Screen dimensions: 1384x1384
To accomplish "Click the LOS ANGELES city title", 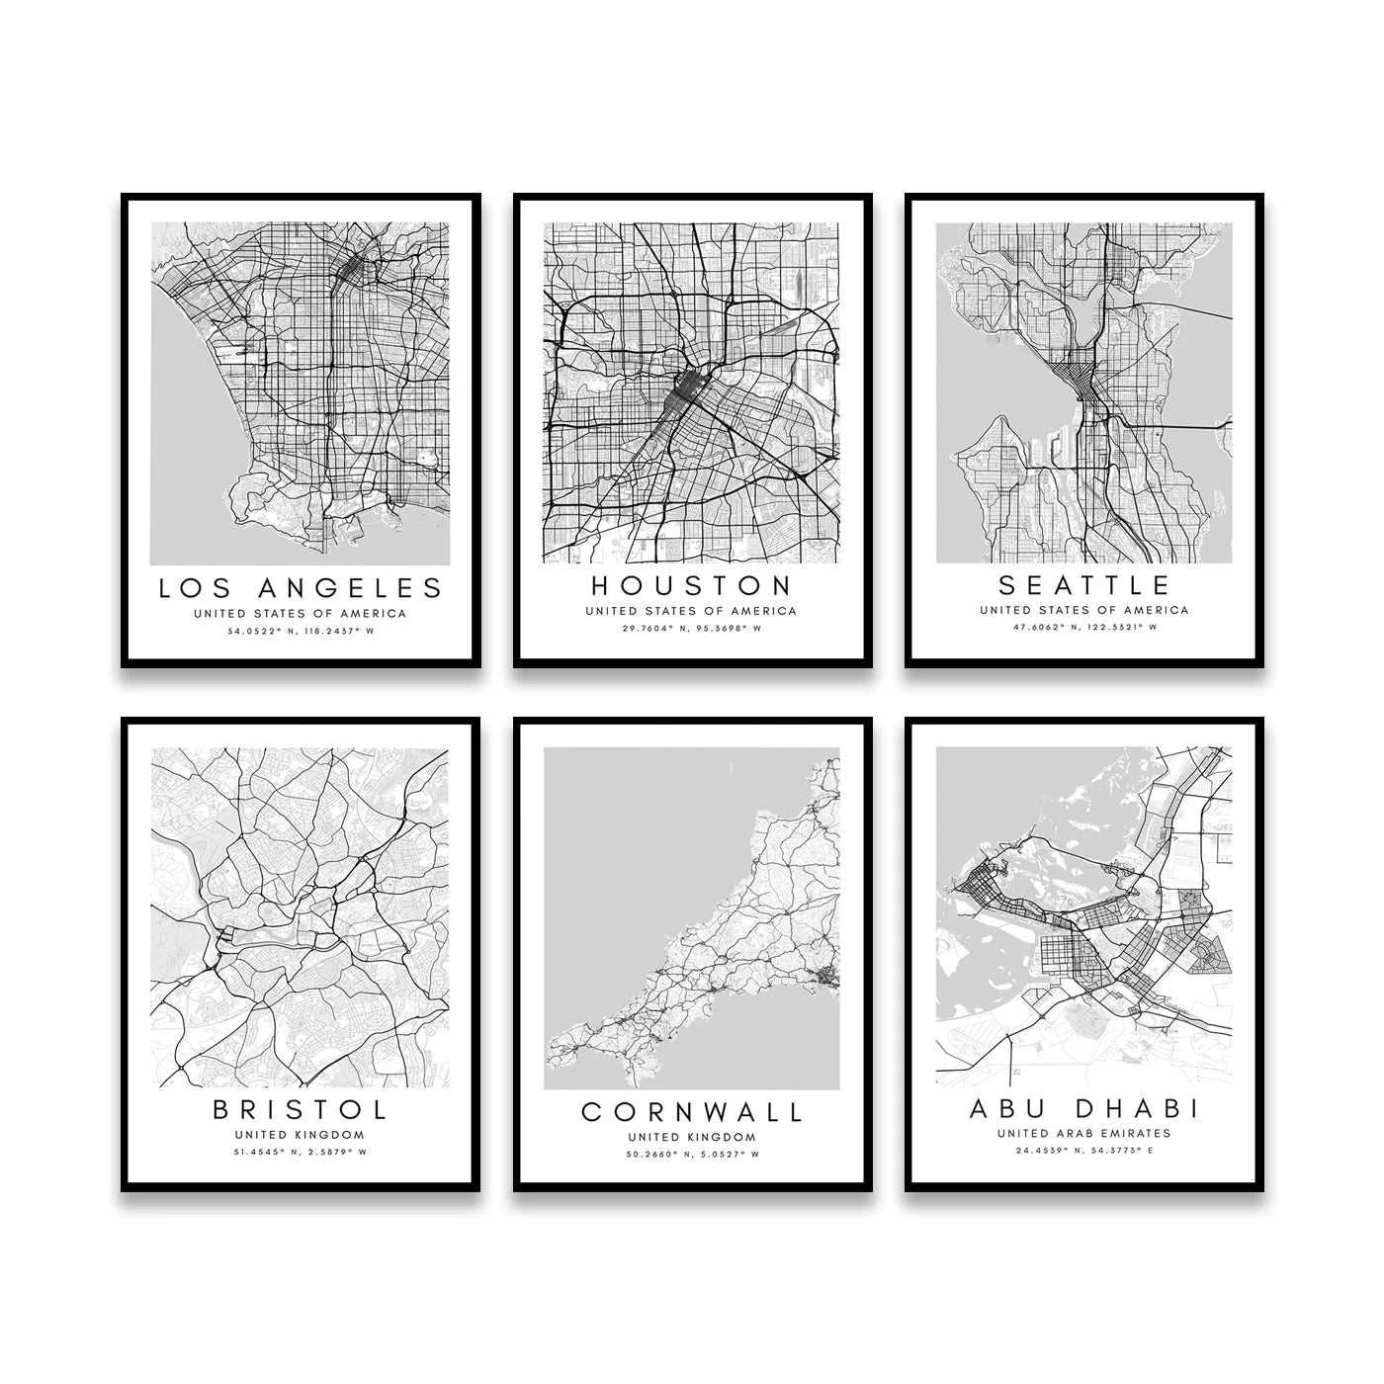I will [x=301, y=588].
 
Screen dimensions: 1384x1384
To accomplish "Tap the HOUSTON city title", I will [x=691, y=585].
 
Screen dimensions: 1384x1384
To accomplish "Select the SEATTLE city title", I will [x=1084, y=585].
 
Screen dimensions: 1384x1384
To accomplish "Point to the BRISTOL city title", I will [x=301, y=1109].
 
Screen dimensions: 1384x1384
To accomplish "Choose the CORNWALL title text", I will [x=692, y=1112].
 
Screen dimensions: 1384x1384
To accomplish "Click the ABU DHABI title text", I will [x=1084, y=1107].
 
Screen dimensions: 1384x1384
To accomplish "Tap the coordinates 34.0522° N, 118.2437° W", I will [x=301, y=631].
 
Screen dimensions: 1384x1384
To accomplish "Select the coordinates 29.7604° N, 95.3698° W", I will [x=691, y=628].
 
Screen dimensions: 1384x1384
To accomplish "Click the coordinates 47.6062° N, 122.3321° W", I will [x=1084, y=627].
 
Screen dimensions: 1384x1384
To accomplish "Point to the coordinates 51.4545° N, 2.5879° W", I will [x=301, y=1152].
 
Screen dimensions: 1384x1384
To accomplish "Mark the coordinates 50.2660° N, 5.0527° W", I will [x=692, y=1154].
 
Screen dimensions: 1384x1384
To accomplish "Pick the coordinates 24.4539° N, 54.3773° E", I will [x=1084, y=1150].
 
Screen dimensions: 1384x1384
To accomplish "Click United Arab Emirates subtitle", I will [x=1084, y=1133].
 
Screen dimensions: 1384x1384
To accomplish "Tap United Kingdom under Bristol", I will [x=301, y=1135].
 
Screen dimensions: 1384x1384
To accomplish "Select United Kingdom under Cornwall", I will [x=692, y=1138].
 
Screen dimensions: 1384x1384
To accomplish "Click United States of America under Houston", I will [x=691, y=611].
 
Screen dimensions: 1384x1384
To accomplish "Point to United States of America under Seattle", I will [x=1084, y=610].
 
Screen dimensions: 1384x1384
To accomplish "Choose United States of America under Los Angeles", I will [x=301, y=613].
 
